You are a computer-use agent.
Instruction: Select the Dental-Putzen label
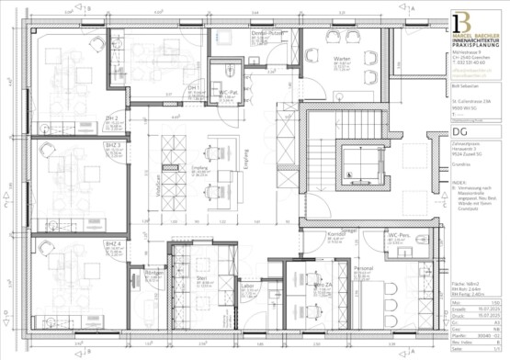click(266, 33)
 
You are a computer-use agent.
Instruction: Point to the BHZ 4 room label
click(113, 243)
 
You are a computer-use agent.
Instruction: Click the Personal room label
click(363, 267)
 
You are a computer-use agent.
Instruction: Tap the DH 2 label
click(112, 120)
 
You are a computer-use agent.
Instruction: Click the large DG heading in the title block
click(459, 132)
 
